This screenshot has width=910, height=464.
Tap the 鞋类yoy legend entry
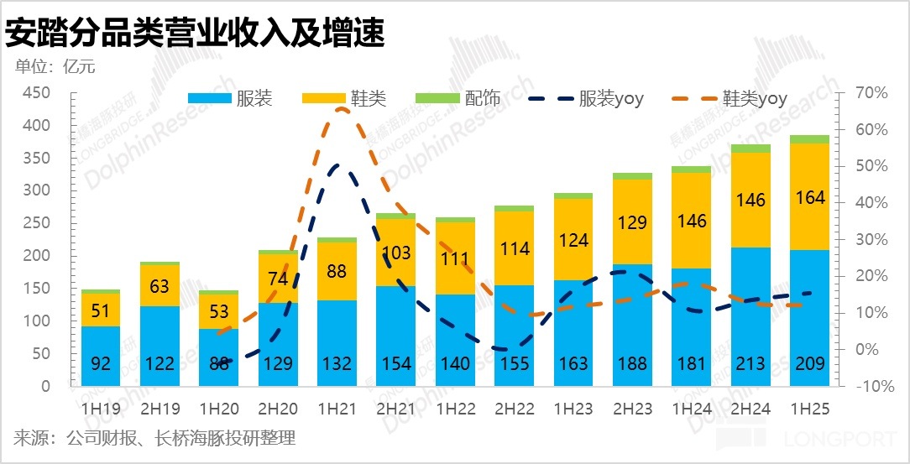coord(730,99)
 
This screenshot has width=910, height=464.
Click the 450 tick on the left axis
coord(36,92)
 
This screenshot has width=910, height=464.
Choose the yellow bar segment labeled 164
coord(809,197)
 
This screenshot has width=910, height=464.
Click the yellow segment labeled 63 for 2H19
coord(160,285)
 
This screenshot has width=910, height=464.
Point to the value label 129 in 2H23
coord(632,222)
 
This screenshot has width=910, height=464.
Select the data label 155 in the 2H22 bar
coord(514,364)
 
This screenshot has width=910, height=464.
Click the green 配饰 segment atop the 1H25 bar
coord(809,139)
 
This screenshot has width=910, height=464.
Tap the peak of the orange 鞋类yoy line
coord(342,108)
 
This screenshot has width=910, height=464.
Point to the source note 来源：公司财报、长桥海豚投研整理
coord(154,438)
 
